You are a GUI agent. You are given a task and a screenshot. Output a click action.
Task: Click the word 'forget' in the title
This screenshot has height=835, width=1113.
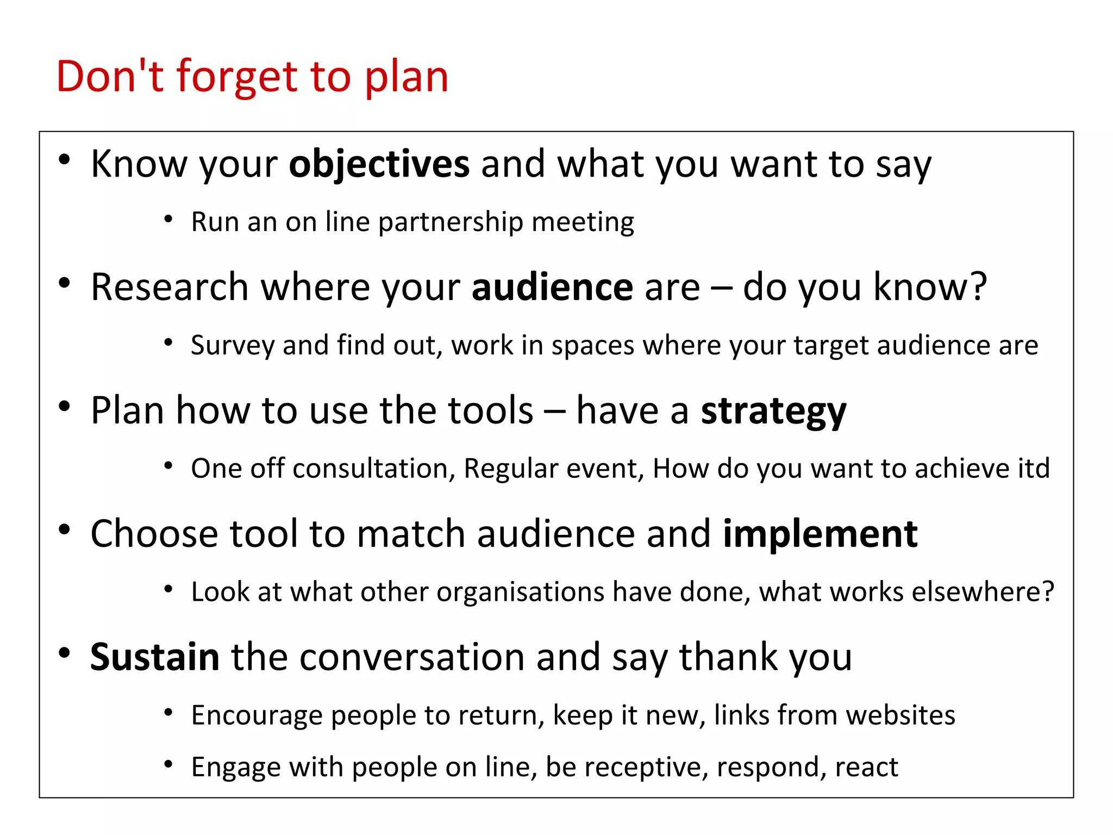point(237,77)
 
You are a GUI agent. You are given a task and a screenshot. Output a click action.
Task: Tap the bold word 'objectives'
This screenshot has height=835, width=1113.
point(379,164)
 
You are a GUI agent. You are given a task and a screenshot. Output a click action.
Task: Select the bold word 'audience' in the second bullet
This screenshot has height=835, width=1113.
point(552,287)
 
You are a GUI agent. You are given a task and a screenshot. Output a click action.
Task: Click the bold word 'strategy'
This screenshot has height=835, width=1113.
point(773,411)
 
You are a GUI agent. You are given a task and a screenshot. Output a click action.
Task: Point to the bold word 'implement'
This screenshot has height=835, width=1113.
point(820,534)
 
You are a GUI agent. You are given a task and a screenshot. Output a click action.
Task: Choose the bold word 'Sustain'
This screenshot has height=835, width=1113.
point(154,657)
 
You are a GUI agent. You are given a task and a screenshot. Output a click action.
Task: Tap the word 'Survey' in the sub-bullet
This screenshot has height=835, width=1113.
point(232,346)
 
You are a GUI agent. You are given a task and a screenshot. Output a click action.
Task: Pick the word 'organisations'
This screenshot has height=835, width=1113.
point(520,592)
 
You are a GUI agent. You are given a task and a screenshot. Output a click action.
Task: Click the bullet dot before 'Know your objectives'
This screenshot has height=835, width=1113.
point(65,159)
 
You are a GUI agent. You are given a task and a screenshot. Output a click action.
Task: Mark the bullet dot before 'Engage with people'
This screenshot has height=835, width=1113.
point(168,765)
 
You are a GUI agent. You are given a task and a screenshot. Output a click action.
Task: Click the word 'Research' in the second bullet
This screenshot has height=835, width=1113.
point(170,287)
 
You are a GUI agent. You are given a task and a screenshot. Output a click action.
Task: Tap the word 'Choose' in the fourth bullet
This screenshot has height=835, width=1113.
point(154,534)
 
